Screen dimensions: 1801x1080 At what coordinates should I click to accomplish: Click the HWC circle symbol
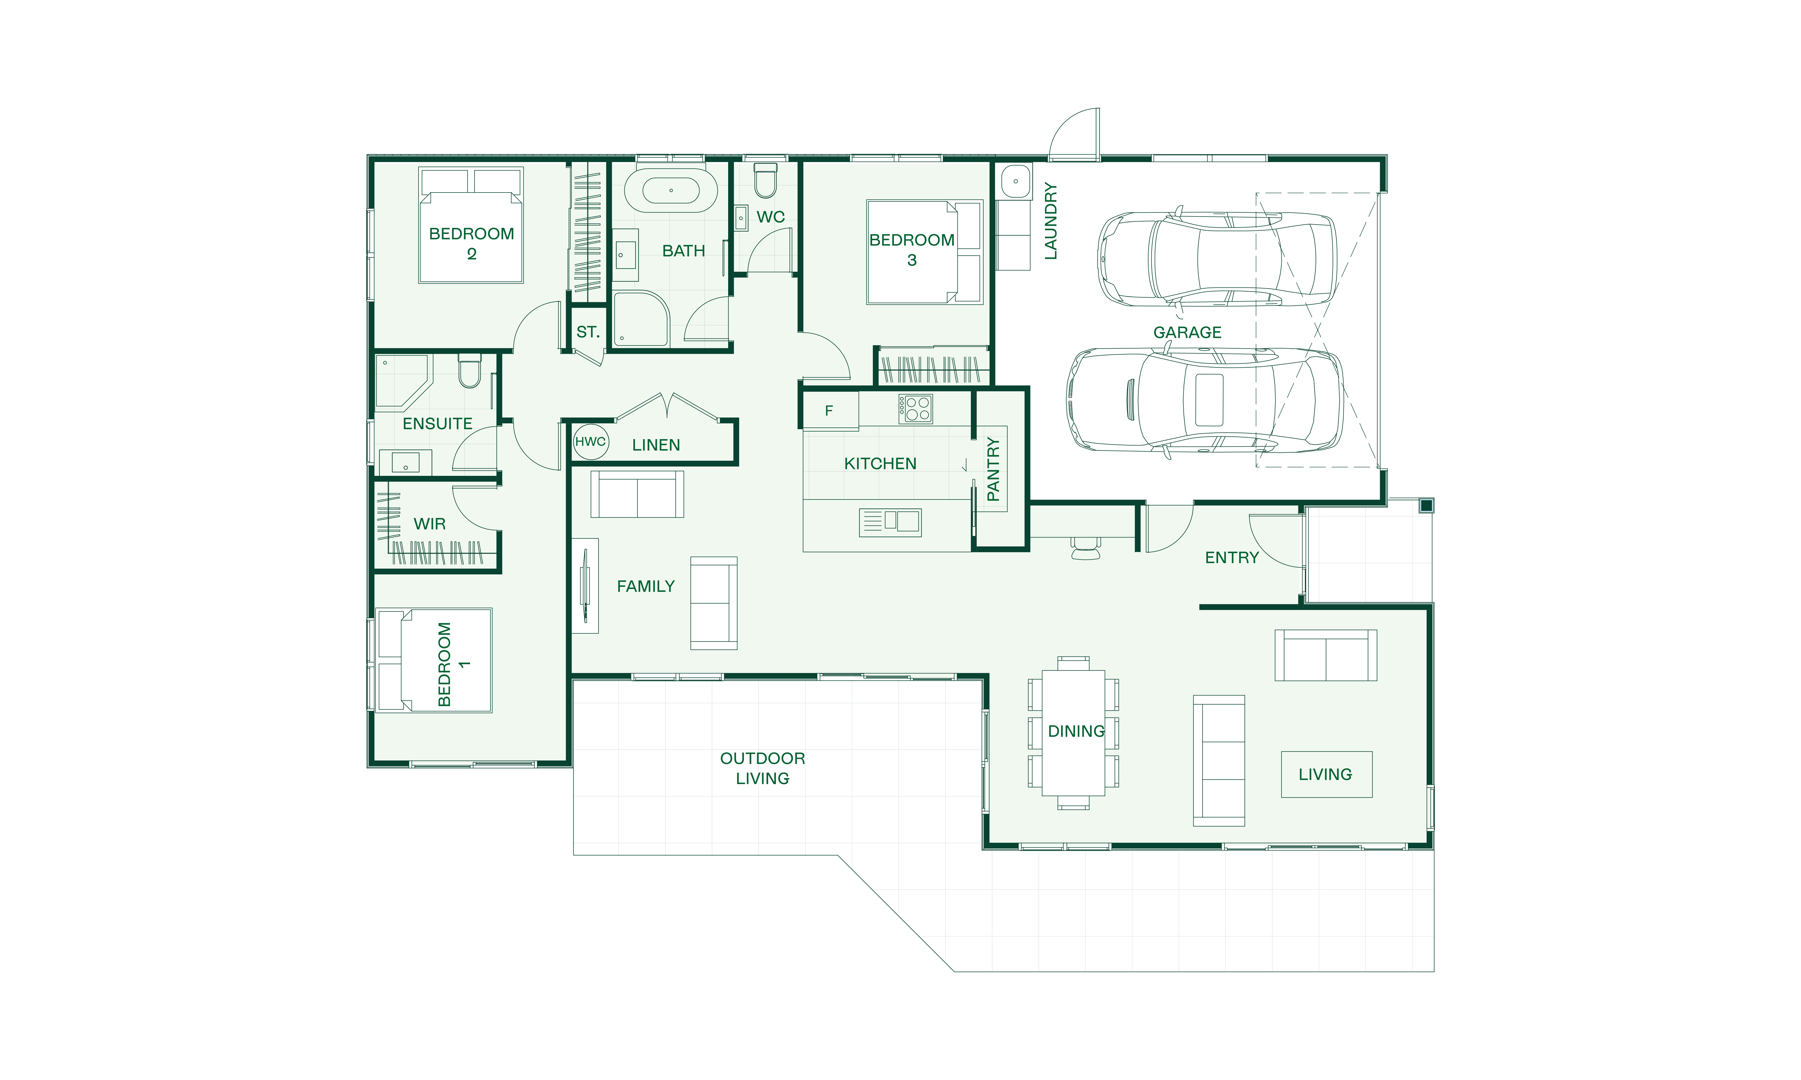590,442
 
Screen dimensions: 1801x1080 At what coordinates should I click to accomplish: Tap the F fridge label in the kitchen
828,411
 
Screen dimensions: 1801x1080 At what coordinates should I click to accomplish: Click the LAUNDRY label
1050,221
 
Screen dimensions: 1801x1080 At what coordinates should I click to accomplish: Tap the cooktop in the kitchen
915,409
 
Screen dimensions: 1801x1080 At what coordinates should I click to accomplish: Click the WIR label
429,524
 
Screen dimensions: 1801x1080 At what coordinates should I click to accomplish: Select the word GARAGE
1187,333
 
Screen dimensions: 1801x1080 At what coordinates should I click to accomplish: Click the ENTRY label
1232,557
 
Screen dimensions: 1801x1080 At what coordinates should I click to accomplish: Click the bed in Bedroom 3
925,252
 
